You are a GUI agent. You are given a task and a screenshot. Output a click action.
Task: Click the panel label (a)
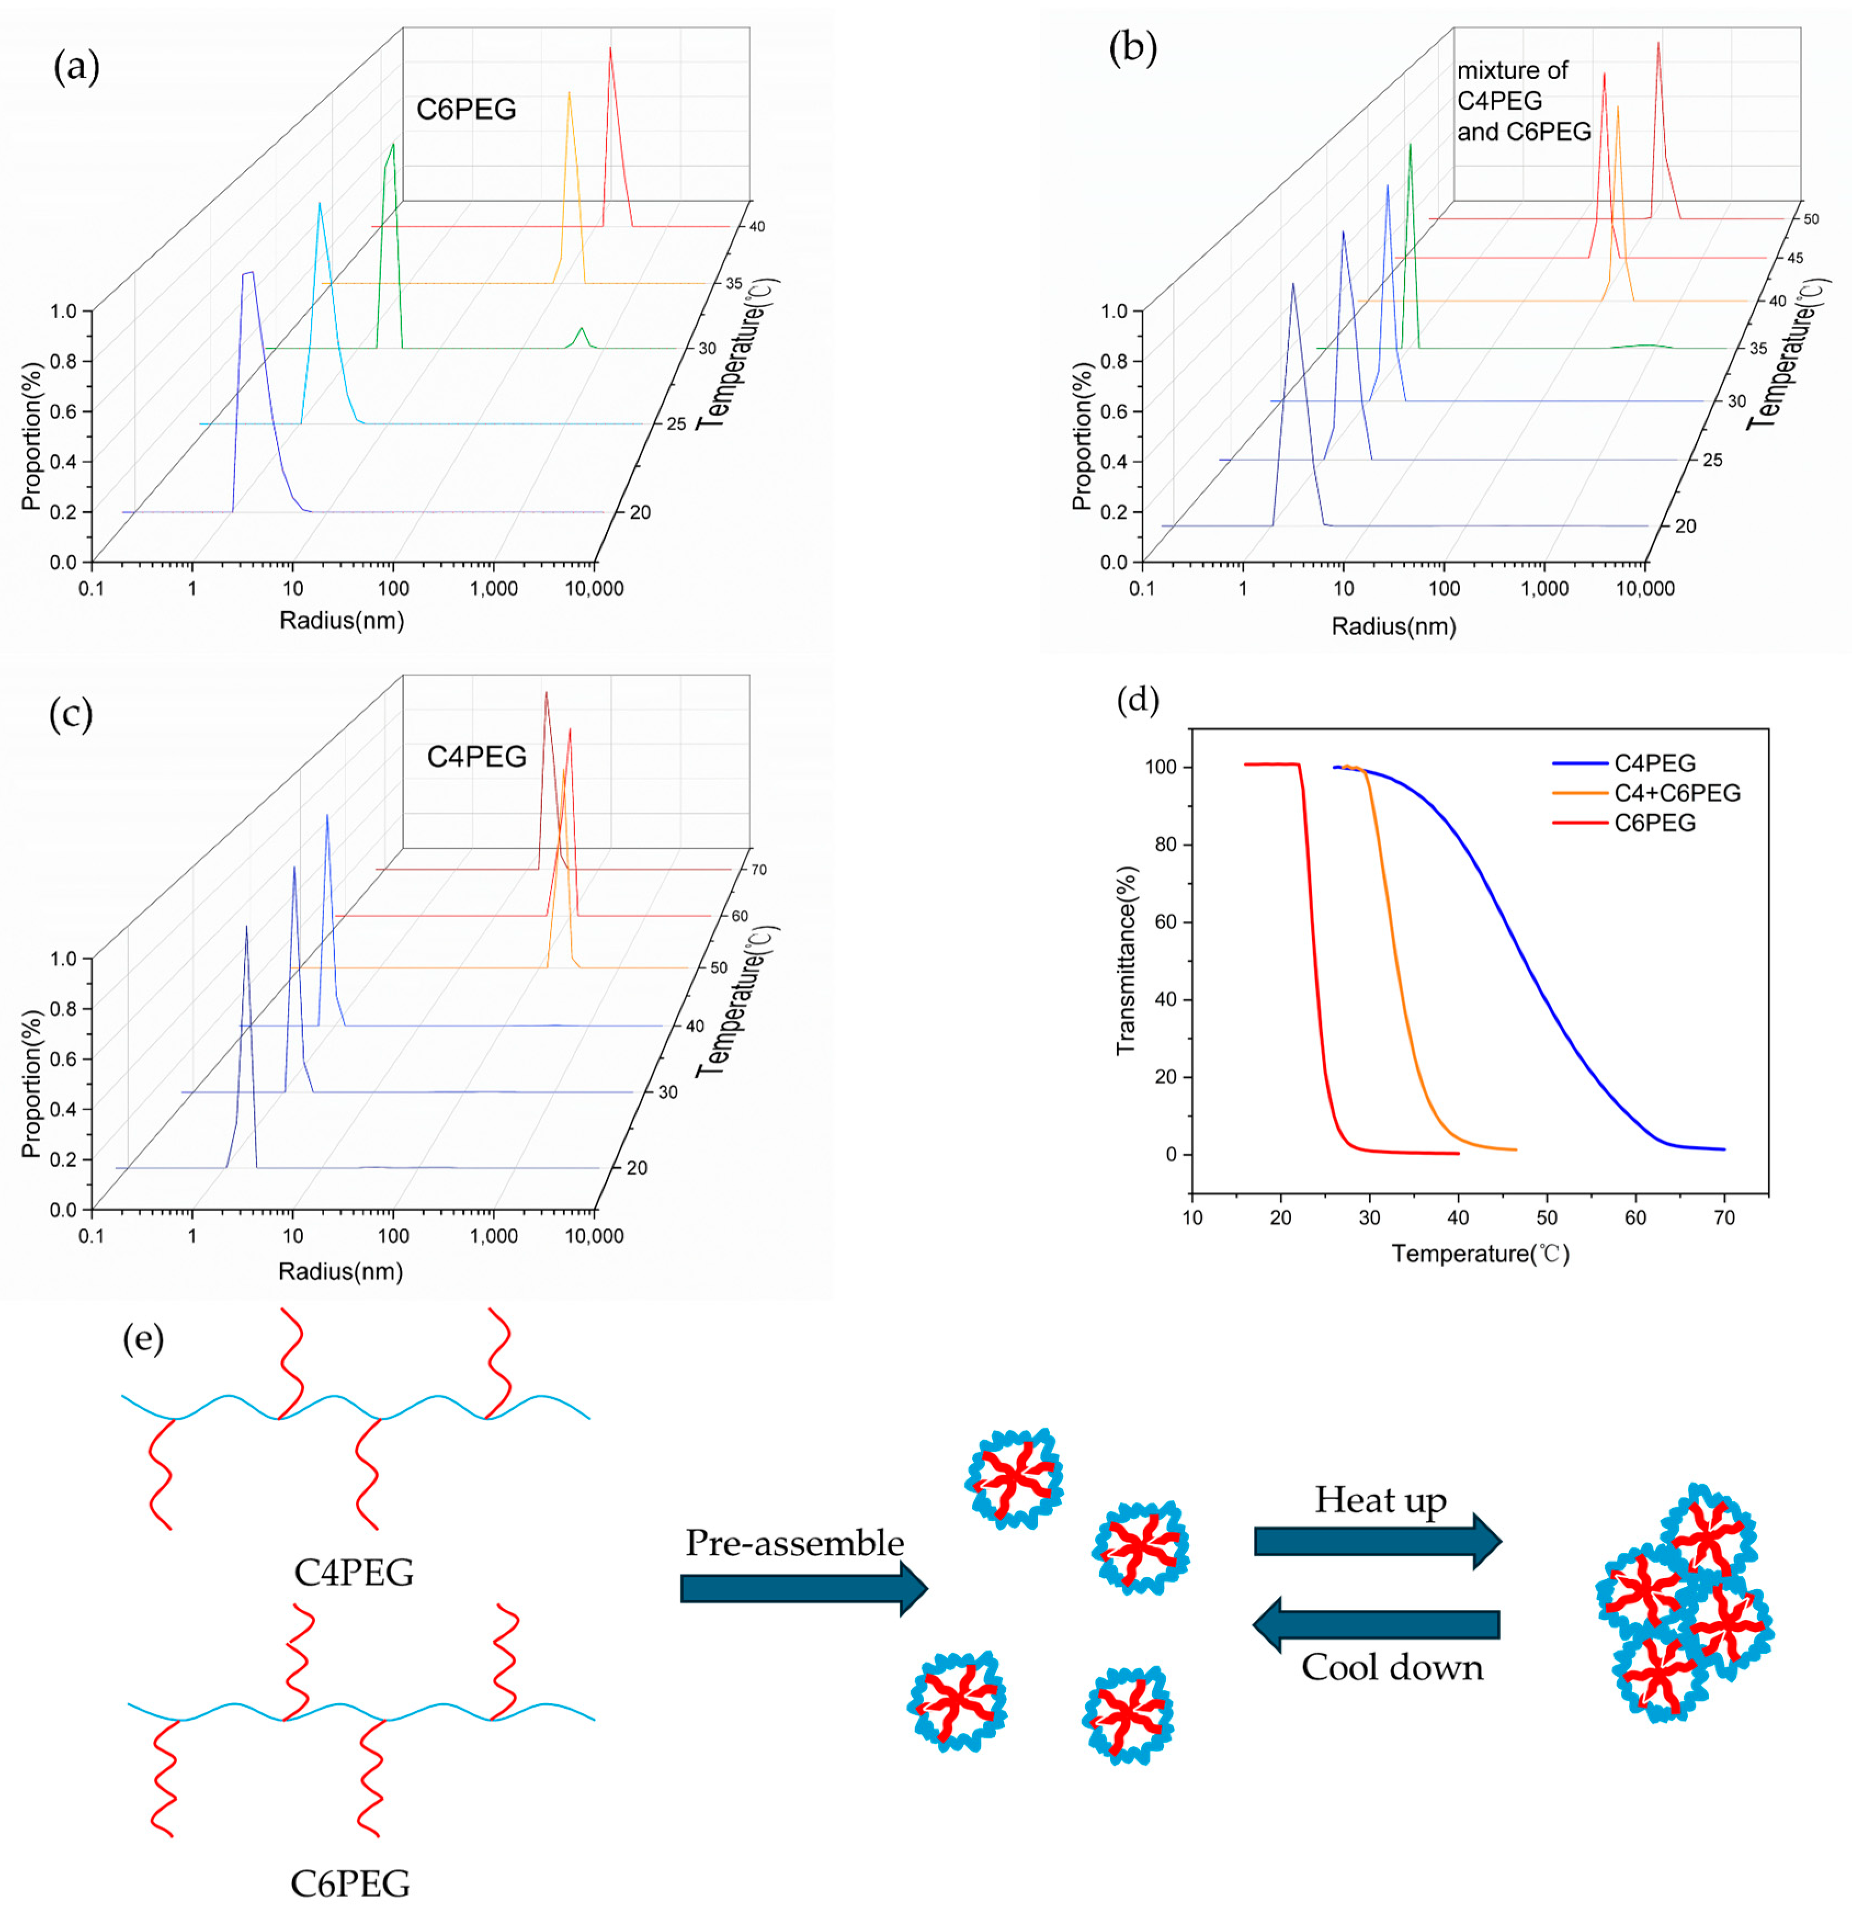76,69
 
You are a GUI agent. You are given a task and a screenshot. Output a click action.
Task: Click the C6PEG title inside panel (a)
466,110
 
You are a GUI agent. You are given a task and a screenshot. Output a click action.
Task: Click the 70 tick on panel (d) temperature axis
1724,1218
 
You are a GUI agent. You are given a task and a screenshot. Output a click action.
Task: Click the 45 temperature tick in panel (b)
1794,258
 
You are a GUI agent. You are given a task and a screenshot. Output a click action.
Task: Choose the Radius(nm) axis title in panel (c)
341,1271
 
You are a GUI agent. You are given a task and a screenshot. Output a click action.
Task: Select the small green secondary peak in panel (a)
582,335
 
